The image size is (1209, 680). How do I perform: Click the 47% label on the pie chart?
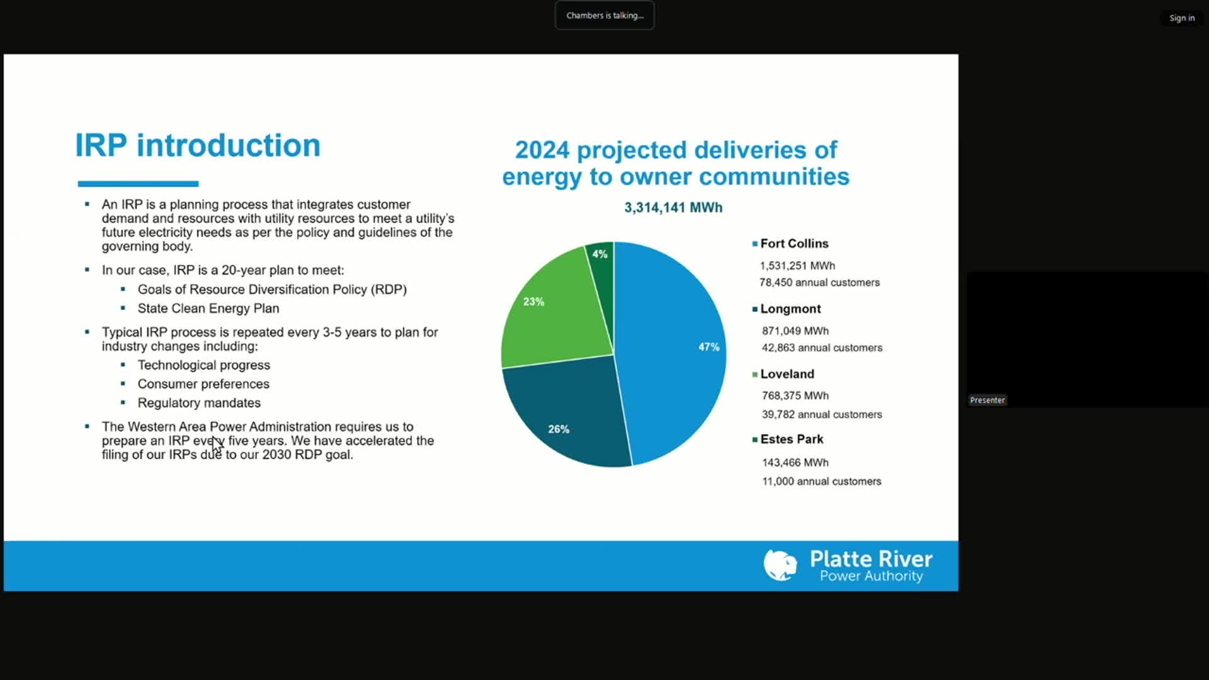[708, 347]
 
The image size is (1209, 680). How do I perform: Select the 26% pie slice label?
[559, 429]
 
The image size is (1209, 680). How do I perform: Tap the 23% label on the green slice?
[533, 302]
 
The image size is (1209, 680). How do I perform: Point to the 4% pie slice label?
[599, 254]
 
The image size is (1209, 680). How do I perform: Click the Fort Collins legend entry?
[793, 244]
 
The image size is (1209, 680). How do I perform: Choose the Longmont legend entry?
[790, 309]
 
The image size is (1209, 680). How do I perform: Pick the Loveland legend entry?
[786, 374]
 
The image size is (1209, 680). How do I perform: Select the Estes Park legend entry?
[791, 439]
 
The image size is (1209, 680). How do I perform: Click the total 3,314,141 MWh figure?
[673, 208]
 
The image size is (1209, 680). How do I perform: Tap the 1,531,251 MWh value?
[797, 266]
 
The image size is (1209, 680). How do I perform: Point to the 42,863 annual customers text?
[822, 348]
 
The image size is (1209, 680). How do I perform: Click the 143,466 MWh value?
[795, 462]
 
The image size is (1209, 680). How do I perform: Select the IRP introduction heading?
[198, 145]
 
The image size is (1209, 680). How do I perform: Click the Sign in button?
[1182, 18]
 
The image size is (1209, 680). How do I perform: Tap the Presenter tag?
[987, 400]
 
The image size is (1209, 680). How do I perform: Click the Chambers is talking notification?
[604, 16]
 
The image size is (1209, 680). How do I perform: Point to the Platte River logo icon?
[780, 565]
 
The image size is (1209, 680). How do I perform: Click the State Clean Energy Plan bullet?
[208, 309]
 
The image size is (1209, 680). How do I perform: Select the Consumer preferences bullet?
[203, 384]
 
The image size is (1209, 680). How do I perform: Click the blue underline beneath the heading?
[138, 184]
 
